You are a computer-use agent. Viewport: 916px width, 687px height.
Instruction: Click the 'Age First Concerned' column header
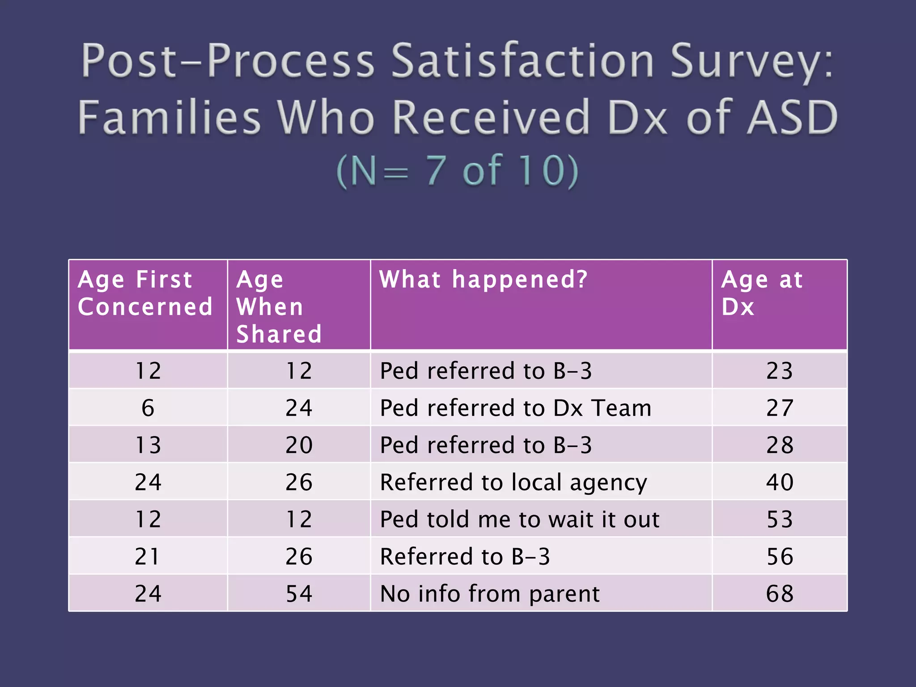point(145,293)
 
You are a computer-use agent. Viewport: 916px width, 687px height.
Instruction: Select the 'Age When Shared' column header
point(279,307)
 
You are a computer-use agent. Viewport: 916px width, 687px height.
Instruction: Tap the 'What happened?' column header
point(483,280)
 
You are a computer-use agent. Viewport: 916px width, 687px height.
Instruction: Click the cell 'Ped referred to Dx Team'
point(515,408)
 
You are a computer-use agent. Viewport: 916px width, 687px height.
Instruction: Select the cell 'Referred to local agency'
point(513,482)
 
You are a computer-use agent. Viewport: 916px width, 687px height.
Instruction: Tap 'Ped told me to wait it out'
point(519,519)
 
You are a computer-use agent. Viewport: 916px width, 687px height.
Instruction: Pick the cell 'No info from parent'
point(489,594)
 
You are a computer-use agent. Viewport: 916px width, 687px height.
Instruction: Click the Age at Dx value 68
point(780,594)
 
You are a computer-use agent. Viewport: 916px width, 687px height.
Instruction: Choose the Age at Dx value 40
point(780,482)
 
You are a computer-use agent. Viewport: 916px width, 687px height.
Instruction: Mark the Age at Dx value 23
point(780,371)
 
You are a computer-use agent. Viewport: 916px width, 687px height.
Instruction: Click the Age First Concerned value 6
point(148,408)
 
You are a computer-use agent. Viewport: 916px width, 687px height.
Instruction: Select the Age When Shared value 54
point(299,594)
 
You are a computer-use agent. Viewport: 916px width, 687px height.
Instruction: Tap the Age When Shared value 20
point(299,445)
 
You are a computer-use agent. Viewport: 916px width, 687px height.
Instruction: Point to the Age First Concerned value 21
point(148,556)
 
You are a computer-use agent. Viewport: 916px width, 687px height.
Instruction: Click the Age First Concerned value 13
point(148,445)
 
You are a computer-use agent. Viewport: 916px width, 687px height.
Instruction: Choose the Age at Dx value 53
point(780,519)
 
